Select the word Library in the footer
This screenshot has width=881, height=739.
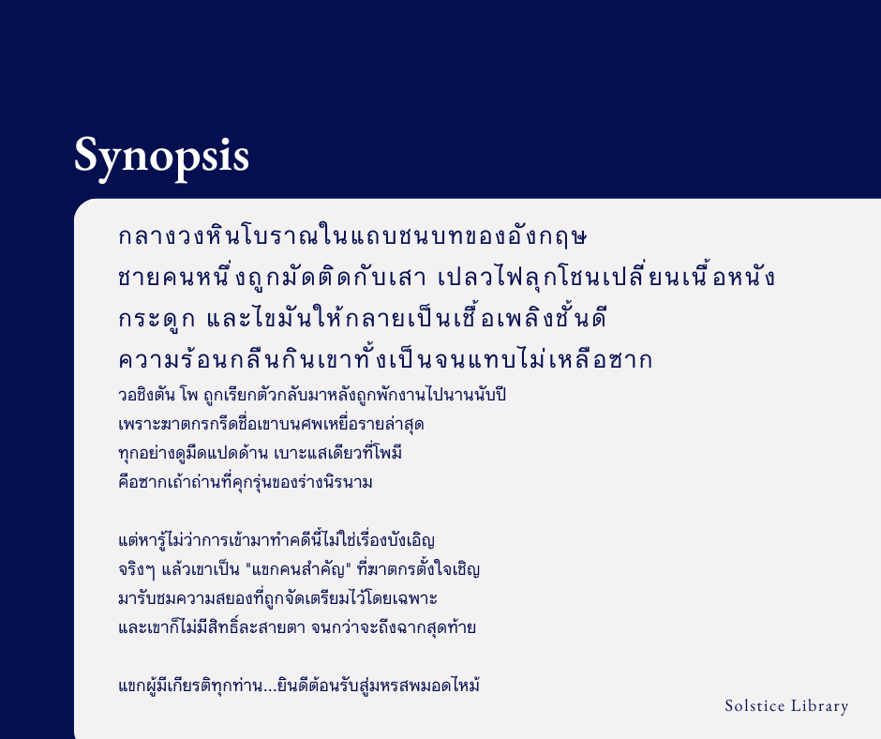pos(823,706)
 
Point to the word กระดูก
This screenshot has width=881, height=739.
pos(157,319)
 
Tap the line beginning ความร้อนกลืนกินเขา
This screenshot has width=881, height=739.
pos(385,360)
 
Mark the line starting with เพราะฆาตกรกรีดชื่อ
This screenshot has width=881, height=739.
pos(271,424)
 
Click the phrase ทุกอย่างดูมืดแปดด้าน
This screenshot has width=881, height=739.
pos(190,453)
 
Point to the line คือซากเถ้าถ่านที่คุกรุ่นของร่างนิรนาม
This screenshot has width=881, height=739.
pos(246,483)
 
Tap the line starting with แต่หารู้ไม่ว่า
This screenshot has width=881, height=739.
pos(276,541)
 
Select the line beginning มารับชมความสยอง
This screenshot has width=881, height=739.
pos(278,598)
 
